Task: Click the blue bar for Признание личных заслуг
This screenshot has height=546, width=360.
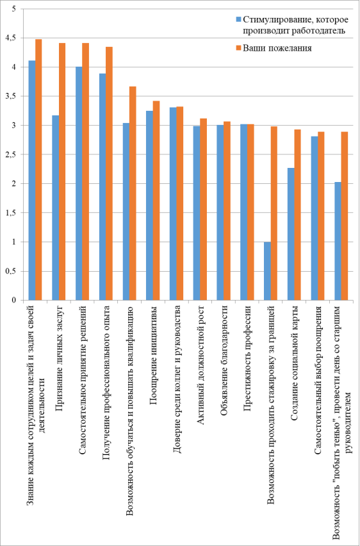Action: point(55,208)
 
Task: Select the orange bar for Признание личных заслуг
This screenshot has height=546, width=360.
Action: point(62,171)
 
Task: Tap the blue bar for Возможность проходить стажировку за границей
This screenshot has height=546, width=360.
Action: point(267,271)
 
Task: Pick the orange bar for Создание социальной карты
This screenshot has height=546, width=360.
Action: point(298,215)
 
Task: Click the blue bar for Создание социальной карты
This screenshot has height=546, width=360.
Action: point(291,234)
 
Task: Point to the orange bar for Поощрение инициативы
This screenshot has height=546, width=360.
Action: point(156,201)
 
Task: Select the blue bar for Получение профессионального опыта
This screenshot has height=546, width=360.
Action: point(102,186)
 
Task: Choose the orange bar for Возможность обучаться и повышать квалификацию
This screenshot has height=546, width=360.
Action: point(133,194)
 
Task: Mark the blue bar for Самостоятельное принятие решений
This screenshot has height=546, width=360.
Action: point(79,183)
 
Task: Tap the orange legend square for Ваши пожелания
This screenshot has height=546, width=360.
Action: point(238,49)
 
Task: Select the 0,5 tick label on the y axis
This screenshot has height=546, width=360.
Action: point(13,271)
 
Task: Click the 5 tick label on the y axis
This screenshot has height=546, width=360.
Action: point(14,9)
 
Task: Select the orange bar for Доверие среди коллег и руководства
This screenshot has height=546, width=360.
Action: point(179,203)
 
